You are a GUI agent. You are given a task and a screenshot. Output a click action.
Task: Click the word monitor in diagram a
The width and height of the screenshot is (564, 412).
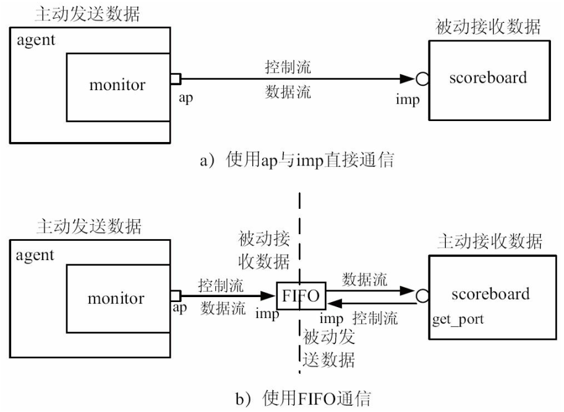tap(117, 85)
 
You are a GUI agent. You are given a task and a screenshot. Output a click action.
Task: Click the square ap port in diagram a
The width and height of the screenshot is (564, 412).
tap(176, 79)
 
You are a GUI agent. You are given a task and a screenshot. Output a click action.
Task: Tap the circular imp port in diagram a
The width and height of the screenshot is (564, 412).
tap(422, 79)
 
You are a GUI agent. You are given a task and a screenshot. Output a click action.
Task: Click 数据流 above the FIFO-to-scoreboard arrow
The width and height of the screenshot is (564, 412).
tap(365, 279)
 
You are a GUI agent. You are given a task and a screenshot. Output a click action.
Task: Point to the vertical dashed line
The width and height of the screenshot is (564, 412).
tap(301, 216)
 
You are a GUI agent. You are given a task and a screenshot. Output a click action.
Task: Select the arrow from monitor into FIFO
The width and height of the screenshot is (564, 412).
tap(229, 296)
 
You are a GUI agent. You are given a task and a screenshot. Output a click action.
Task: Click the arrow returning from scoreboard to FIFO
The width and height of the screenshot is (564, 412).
tap(371, 303)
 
